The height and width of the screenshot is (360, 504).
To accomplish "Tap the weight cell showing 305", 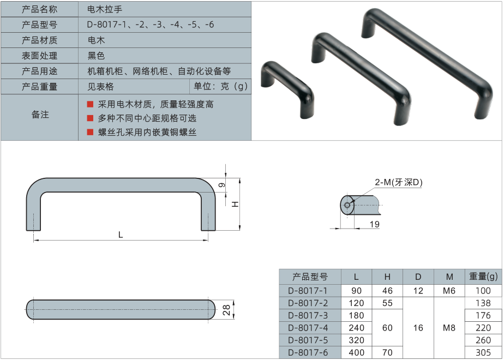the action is tap(483, 352).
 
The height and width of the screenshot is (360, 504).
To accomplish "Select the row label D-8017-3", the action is tap(308, 315).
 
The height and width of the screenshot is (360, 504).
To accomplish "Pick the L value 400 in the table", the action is tap(356, 352).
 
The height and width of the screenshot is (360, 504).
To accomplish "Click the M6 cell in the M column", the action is tap(449, 291).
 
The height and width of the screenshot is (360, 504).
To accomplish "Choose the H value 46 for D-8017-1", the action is tap(387, 291).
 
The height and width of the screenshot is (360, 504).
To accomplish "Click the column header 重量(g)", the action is tap(483, 277).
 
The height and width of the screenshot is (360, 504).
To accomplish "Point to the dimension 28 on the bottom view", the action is tap(226, 310).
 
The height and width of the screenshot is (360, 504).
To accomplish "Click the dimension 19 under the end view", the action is tap(375, 224).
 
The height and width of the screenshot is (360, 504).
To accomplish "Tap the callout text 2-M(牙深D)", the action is tap(399, 182).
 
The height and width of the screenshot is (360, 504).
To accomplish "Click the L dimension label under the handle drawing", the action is tap(121, 235).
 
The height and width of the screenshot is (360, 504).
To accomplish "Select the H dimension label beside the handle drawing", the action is tap(235, 204).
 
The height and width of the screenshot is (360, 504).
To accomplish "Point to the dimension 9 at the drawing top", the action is tap(222, 185).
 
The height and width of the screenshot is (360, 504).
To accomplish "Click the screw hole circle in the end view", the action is tap(347, 205).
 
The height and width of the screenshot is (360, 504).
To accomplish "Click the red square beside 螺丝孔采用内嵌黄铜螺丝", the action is tap(91, 132).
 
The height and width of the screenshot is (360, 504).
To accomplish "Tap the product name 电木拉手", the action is tap(105, 9).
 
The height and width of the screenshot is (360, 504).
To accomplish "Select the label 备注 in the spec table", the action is tap(40, 115).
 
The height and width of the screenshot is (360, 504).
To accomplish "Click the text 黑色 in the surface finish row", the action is tap(96, 56).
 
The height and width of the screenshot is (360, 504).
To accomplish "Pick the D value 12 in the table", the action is tap(418, 291).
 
